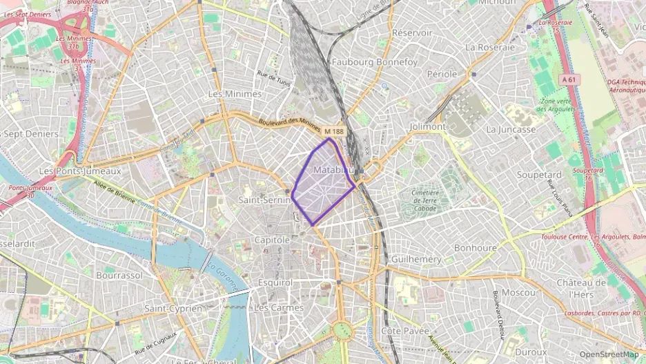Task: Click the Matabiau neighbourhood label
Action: pyautogui.click(x=333, y=170)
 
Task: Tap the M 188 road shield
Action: pyautogui.click(x=333, y=131)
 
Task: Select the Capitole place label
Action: pyautogui.click(x=273, y=240)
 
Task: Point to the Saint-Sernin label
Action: pyautogui.click(x=263, y=200)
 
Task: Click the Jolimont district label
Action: pyautogui.click(x=428, y=127)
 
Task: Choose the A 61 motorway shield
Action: pyautogui.click(x=569, y=80)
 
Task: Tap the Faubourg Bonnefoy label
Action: pyautogui.click(x=375, y=62)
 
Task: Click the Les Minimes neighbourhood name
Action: pyautogui.click(x=235, y=93)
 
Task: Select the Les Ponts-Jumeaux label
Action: pyautogui.click(x=80, y=171)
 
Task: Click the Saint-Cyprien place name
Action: pyautogui.click(x=173, y=308)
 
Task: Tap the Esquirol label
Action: pyautogui.click(x=275, y=282)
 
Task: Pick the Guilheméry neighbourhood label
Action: pyautogui.click(x=416, y=258)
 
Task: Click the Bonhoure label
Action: pyautogui.click(x=476, y=247)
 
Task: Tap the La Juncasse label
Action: pyautogui.click(x=511, y=129)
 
